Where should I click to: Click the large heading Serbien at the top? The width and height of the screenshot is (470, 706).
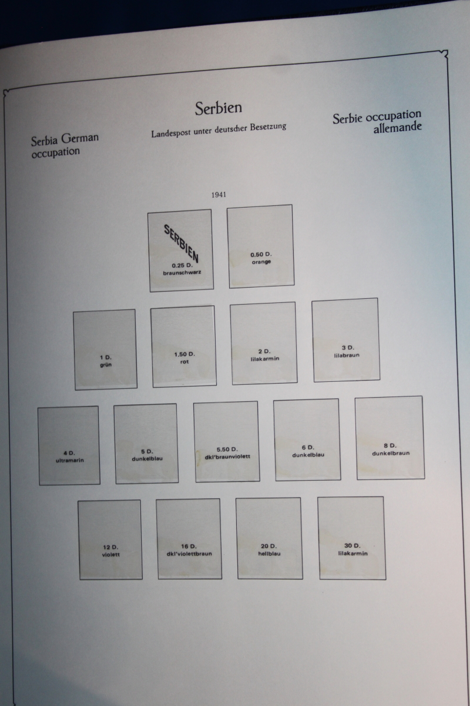[x=218, y=108]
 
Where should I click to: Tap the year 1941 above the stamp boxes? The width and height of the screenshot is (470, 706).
[x=219, y=195]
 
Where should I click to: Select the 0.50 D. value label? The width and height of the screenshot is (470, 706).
[x=261, y=254]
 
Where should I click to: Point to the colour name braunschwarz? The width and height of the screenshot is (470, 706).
[x=182, y=272]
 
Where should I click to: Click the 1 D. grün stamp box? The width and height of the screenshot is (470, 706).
[x=105, y=349]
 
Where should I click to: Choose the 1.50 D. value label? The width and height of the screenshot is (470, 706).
[x=184, y=354]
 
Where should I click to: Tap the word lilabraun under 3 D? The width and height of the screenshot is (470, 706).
[x=347, y=355]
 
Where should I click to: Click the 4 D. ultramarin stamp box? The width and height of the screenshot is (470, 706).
[x=69, y=445]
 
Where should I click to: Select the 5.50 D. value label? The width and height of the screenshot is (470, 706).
[x=227, y=449]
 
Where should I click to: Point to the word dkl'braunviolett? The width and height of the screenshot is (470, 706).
[x=227, y=457]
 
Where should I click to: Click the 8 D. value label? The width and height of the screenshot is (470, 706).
[x=390, y=446]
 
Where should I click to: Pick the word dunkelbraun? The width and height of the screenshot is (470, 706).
[x=391, y=453]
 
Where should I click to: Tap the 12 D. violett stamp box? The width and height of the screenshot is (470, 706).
[x=110, y=540]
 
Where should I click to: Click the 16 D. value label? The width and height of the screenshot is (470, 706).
[x=189, y=546]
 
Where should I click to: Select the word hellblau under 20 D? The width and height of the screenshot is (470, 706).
[x=269, y=554]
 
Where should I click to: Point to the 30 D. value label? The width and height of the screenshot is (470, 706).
[x=352, y=545]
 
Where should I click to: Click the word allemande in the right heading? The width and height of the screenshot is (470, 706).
[x=397, y=127]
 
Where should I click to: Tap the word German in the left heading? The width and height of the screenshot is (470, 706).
[x=80, y=138]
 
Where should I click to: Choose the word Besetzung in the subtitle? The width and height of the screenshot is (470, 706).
[x=268, y=127]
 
